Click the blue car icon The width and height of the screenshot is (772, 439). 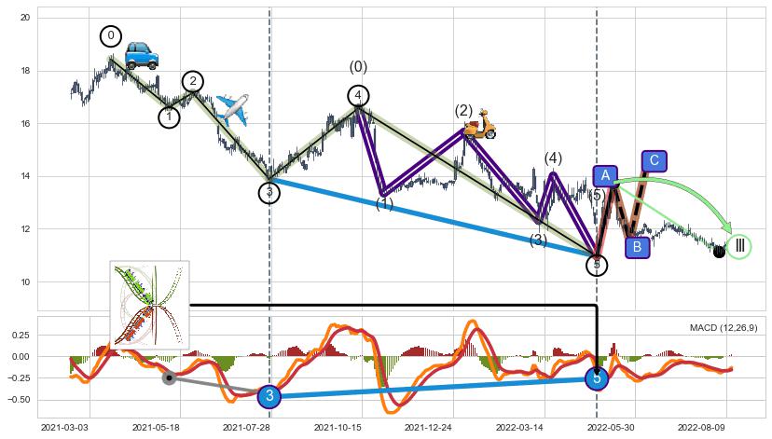[142, 55]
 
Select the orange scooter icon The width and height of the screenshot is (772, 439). [481, 124]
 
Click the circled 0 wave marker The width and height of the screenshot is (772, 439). [111, 36]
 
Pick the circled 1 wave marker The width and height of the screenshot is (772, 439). [169, 117]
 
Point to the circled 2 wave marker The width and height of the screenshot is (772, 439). [193, 81]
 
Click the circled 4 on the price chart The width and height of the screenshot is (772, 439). [358, 95]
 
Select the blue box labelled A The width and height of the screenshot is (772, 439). [605, 176]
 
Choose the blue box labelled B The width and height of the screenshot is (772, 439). [637, 247]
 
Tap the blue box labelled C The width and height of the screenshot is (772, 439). [654, 161]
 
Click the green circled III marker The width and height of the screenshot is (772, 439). [739, 246]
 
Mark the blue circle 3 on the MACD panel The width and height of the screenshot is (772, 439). [269, 396]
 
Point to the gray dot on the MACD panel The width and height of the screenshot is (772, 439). [169, 377]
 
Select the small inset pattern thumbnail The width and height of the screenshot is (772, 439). [149, 305]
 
